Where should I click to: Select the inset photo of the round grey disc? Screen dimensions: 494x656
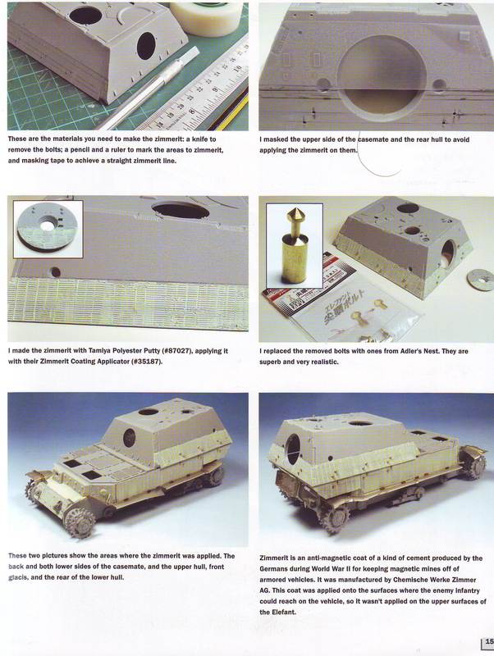pyautogui.click(x=48, y=229)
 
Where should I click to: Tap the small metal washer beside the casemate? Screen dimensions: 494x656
pyautogui.click(x=480, y=278)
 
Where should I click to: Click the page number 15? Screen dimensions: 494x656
pyautogui.click(x=489, y=642)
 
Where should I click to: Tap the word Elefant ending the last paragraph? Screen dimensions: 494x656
pyautogui.click(x=285, y=612)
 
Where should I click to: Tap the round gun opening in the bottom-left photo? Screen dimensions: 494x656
pyautogui.click(x=130, y=438)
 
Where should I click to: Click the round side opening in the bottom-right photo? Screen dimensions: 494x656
pyautogui.click(x=293, y=449)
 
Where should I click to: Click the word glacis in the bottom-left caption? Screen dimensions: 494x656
pyautogui.click(x=18, y=577)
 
